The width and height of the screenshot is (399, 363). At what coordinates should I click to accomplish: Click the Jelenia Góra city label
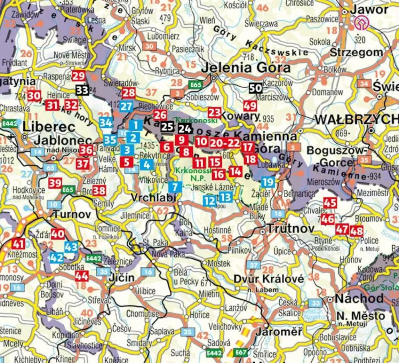click(245, 67)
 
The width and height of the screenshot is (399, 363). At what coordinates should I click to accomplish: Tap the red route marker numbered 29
click(79, 75)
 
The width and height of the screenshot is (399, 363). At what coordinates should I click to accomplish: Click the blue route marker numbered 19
click(269, 182)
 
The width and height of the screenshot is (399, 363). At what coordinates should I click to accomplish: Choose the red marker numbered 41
click(18, 243)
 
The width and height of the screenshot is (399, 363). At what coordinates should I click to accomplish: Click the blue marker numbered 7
click(175, 186)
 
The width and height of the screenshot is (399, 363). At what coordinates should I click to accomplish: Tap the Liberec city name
click(49, 127)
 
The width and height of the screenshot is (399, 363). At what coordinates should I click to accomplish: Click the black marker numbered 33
click(82, 90)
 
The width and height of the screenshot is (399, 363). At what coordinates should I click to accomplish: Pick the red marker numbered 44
click(81, 276)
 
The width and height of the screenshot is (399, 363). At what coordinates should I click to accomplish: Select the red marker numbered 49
click(250, 106)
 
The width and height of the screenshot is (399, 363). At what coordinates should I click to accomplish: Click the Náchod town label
click(359, 298)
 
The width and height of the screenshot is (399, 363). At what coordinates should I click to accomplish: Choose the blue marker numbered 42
click(56, 258)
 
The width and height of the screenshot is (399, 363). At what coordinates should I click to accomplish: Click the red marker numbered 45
click(330, 203)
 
